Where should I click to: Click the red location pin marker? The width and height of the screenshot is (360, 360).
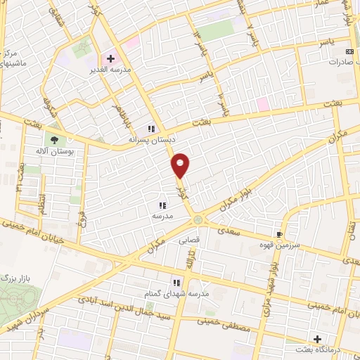(181, 165)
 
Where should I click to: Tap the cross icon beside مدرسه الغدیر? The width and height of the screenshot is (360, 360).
(110, 58)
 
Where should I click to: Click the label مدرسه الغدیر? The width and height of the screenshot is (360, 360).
(110, 70)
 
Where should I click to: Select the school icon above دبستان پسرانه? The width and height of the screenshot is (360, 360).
(150, 129)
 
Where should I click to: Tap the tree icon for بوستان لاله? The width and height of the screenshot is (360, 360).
(54, 139)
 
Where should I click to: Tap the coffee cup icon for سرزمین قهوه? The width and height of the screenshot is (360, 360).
(280, 234)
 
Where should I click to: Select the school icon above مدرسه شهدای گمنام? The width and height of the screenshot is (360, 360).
(176, 282)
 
